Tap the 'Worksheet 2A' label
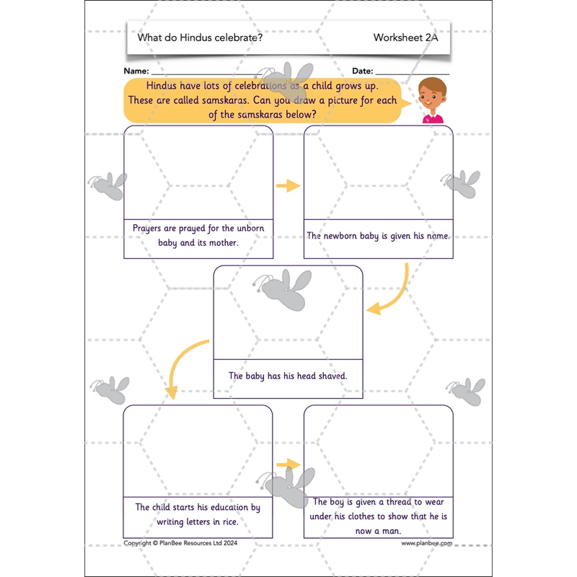pos(405,38)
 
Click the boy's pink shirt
pos(433,118)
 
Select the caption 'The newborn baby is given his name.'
pos(379,236)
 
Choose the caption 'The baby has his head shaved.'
pos(288,376)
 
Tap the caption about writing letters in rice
pos(198,514)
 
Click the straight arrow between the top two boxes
pos(288,185)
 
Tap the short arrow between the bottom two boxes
pos(288,464)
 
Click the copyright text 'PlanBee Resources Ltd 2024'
pos(190,543)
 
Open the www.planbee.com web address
pos(426,543)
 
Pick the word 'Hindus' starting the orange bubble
pos(162,85)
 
